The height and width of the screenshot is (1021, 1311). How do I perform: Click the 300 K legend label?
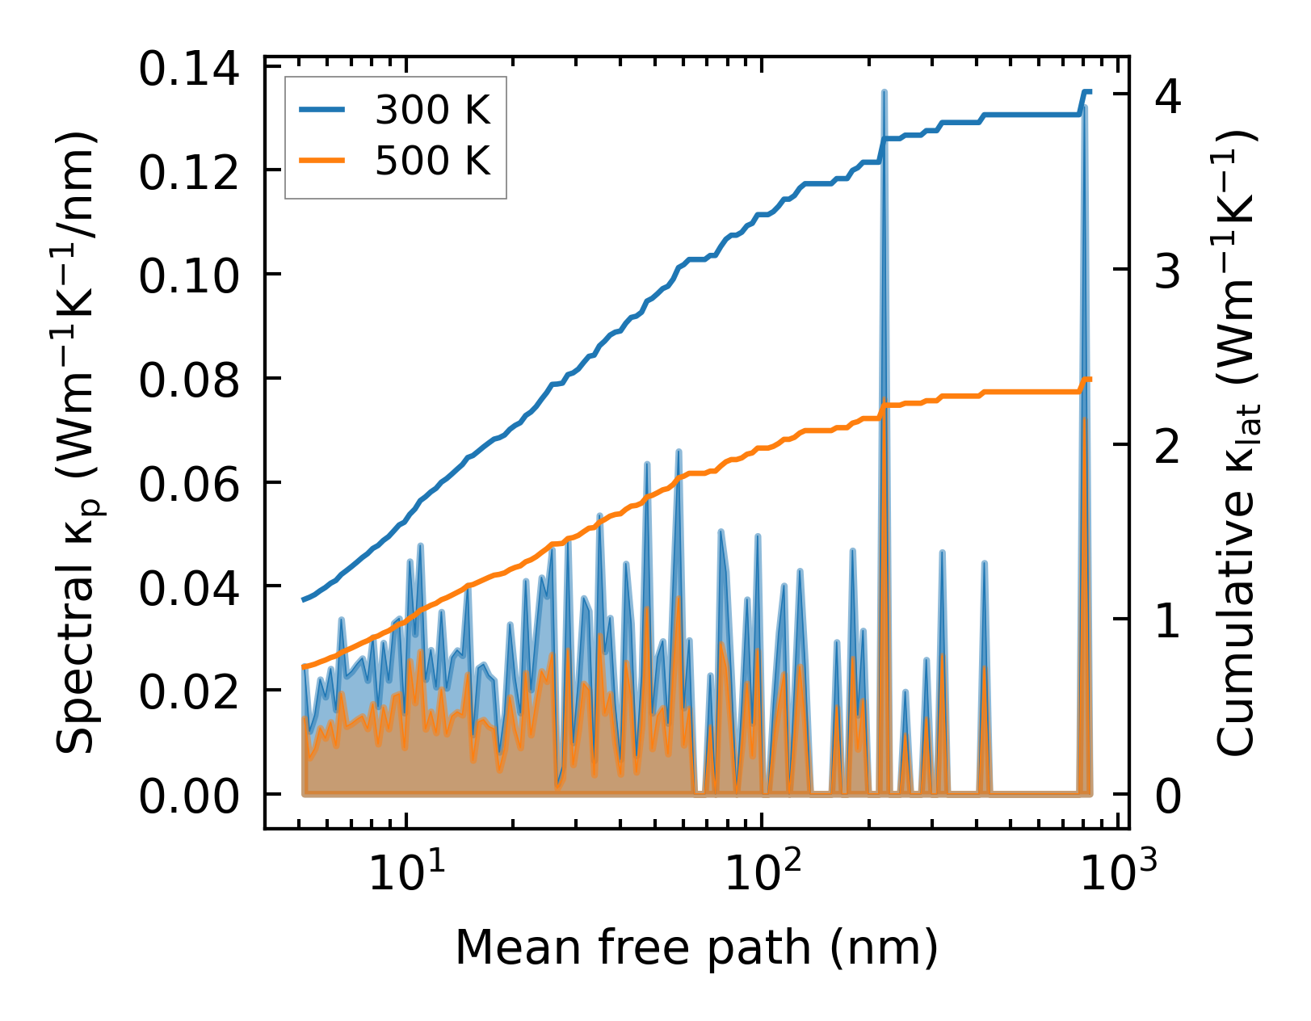(433, 111)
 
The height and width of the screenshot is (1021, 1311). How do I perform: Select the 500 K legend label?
(433, 161)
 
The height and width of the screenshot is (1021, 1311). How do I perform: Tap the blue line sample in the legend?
(322, 111)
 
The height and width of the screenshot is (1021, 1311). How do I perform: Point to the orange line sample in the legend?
(322, 161)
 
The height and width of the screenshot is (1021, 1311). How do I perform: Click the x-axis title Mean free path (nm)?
(696, 947)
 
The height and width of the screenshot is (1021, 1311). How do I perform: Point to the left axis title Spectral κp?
(77, 442)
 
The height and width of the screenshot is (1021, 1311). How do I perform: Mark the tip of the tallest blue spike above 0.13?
(885, 92)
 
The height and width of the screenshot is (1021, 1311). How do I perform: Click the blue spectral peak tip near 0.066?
(679, 451)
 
